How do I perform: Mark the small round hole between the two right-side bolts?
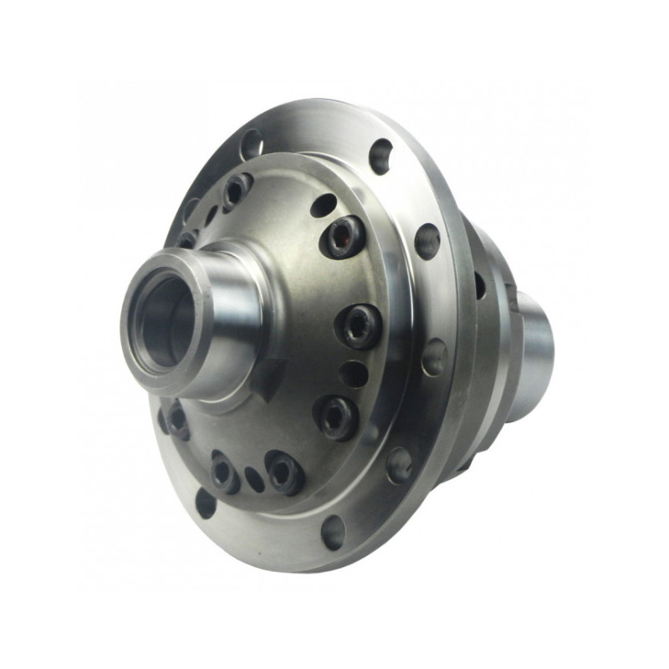[355, 373]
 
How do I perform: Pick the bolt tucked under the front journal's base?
[176, 418]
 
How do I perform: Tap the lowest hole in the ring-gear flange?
[333, 532]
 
